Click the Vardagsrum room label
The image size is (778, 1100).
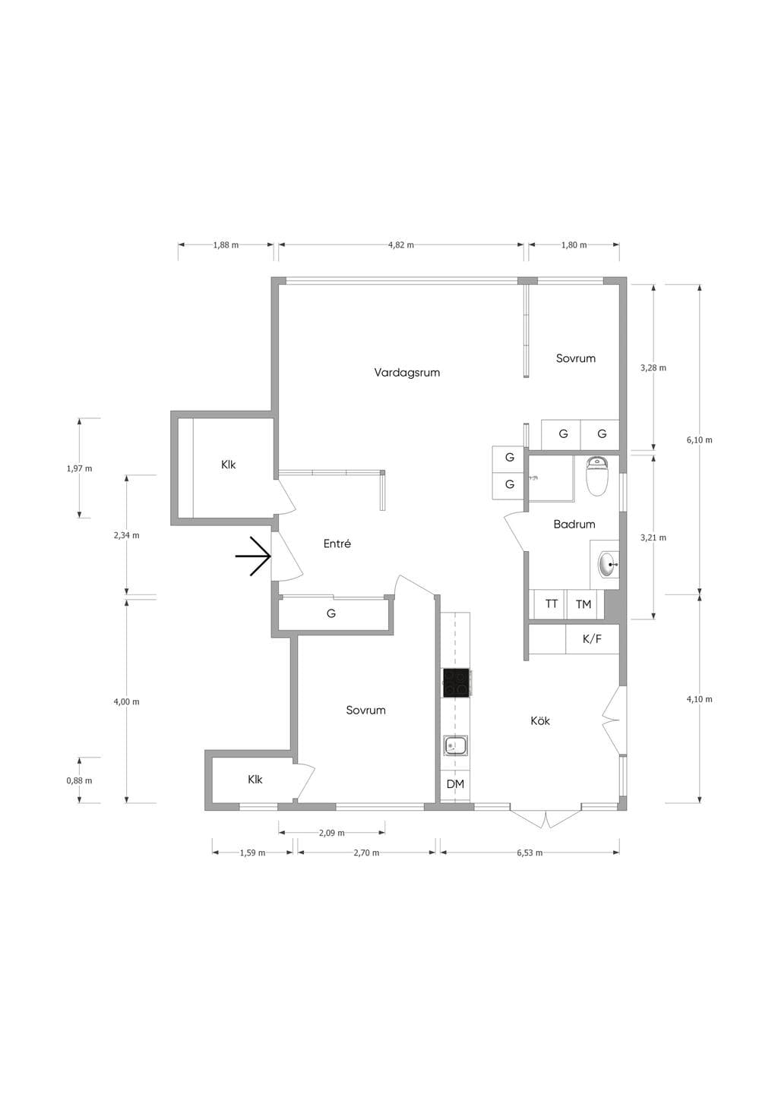407,373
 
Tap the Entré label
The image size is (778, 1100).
337,544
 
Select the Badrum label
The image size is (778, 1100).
574,524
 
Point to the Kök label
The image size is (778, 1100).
540,720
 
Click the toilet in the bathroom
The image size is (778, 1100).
598,476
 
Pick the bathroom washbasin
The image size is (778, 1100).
609,565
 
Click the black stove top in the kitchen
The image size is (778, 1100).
456,683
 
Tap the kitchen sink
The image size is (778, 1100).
455,746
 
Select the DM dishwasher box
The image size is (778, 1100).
455,784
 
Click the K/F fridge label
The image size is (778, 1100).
592,639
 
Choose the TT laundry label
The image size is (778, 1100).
552,604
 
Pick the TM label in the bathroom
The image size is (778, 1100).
583,604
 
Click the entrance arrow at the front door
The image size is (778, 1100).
253,556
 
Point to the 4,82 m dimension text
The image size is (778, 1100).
401,245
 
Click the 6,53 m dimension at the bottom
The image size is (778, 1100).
530,853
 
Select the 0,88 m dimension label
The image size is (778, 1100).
79,780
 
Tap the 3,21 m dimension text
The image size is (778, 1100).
653,537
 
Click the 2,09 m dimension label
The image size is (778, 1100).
332,833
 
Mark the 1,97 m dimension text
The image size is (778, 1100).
79,468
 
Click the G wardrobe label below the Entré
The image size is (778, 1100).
331,613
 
